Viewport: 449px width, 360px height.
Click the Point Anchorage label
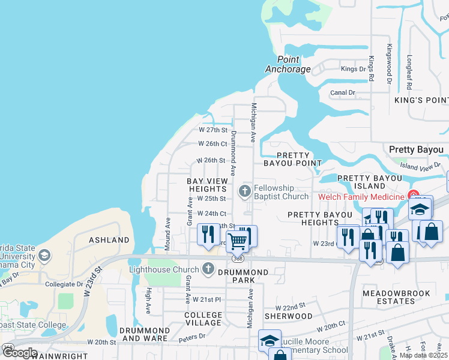(288, 64)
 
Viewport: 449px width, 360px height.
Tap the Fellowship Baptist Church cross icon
(244, 191)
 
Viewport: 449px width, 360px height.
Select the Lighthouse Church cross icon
(208, 269)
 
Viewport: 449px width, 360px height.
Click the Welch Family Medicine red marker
(414, 196)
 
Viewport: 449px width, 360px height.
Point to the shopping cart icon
(238, 242)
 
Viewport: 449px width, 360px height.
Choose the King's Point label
(421, 100)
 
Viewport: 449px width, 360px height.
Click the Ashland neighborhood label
(109, 240)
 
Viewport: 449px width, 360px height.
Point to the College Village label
(203, 319)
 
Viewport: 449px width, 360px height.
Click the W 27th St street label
(213, 130)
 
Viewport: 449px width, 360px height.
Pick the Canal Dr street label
(343, 93)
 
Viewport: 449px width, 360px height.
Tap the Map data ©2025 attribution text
(423, 355)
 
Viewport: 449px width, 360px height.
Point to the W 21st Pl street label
(210, 299)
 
